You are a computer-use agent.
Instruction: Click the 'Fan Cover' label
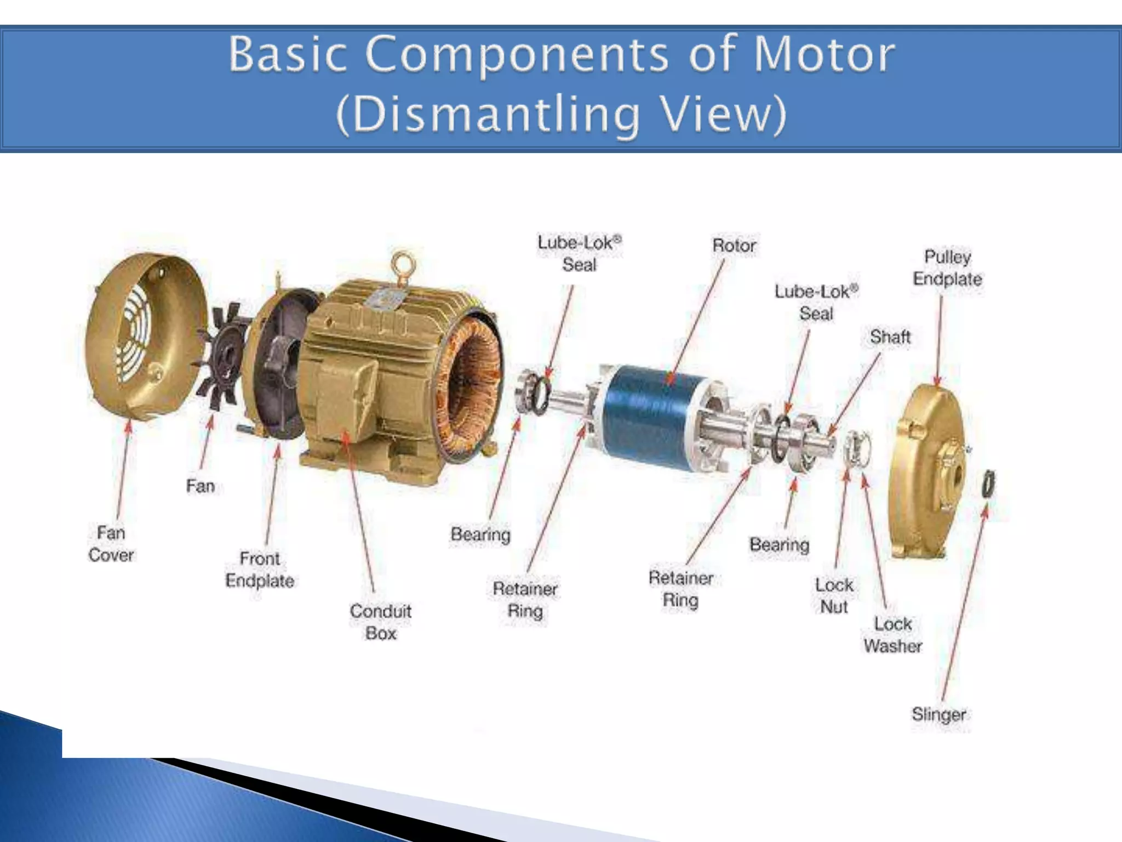(111, 544)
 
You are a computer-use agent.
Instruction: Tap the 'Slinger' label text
(938, 714)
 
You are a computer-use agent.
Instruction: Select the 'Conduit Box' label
(381, 622)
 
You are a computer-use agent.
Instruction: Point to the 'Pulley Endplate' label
(947, 268)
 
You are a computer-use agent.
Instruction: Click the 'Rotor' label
(734, 245)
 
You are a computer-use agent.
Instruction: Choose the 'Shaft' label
(890, 336)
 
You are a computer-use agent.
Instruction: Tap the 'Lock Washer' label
(892, 634)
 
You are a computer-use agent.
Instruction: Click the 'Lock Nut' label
(834, 595)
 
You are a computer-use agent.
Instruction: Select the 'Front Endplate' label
(260, 569)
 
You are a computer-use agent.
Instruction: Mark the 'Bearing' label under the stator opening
(480, 534)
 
